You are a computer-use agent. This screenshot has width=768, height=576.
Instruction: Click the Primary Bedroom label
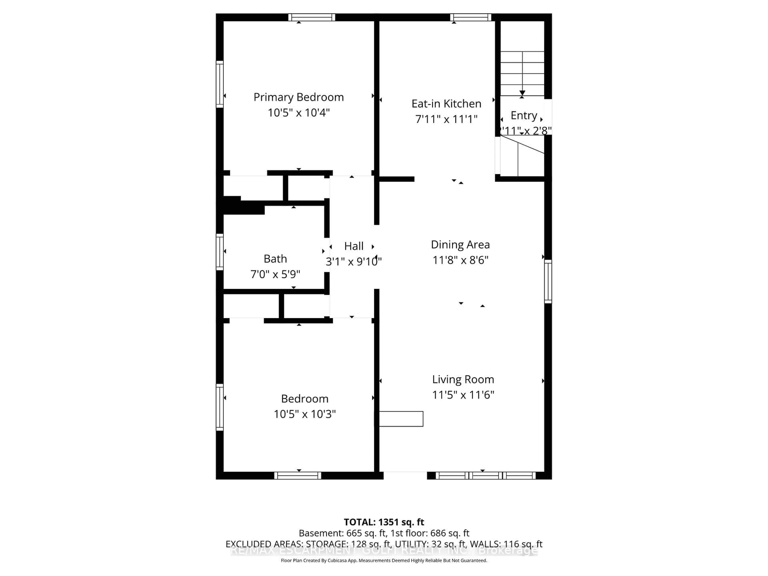(299, 97)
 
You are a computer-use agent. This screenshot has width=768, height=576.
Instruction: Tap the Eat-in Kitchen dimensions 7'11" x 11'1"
(446, 119)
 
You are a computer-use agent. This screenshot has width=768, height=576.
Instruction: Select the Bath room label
(275, 259)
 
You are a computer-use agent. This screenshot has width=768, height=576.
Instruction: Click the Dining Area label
(460, 244)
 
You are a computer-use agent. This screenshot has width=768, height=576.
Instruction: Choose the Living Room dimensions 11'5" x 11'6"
(463, 395)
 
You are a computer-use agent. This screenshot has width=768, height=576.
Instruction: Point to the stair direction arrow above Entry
(522, 93)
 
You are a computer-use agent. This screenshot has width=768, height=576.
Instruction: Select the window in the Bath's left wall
(219, 252)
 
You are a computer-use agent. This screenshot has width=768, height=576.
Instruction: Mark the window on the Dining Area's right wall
(548, 281)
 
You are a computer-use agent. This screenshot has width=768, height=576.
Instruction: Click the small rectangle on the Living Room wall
(401, 419)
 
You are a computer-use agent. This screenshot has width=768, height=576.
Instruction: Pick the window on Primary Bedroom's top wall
(311, 17)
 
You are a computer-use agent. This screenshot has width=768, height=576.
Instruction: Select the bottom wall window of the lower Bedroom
(298, 475)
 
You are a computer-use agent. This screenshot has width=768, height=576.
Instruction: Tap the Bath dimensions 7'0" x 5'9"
(275, 274)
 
